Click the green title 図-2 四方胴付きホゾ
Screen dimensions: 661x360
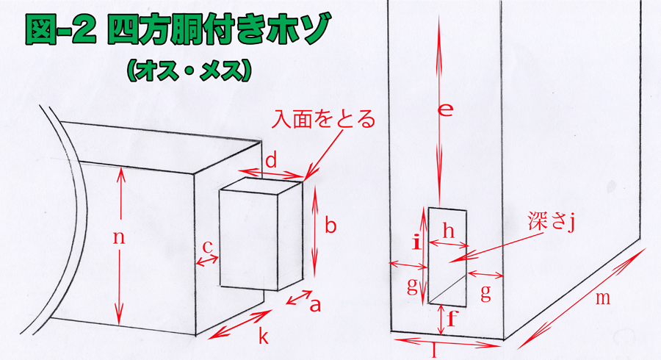click(x=177, y=29)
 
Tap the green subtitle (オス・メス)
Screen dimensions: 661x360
click(x=189, y=71)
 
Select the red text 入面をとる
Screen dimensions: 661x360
click(x=323, y=119)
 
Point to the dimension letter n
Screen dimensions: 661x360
click(x=119, y=238)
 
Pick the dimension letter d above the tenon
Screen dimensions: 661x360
click(x=271, y=160)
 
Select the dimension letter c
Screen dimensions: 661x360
click(x=207, y=248)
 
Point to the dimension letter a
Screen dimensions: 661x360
click(x=315, y=304)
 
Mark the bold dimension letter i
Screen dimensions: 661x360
click(x=416, y=242)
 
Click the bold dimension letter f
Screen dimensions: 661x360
click(x=452, y=318)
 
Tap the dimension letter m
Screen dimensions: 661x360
click(x=603, y=298)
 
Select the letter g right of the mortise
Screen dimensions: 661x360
click(x=486, y=292)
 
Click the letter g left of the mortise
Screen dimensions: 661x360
click(x=412, y=287)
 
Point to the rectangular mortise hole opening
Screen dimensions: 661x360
click(x=447, y=256)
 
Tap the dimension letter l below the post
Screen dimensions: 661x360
click(x=435, y=350)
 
